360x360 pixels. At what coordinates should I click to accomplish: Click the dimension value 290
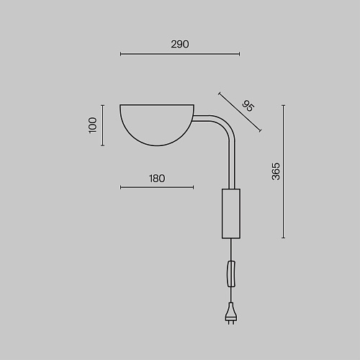click(180, 45)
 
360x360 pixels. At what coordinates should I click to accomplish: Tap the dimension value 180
click(157, 179)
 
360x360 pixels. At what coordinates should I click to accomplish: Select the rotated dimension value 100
click(93, 125)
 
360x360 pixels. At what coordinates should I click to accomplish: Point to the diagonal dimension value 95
click(248, 106)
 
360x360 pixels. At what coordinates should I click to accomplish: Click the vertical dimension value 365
click(276, 171)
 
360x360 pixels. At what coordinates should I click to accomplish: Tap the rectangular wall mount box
click(231, 214)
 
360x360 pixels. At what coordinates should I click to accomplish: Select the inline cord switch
click(231, 274)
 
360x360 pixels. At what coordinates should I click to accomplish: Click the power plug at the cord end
click(231, 313)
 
